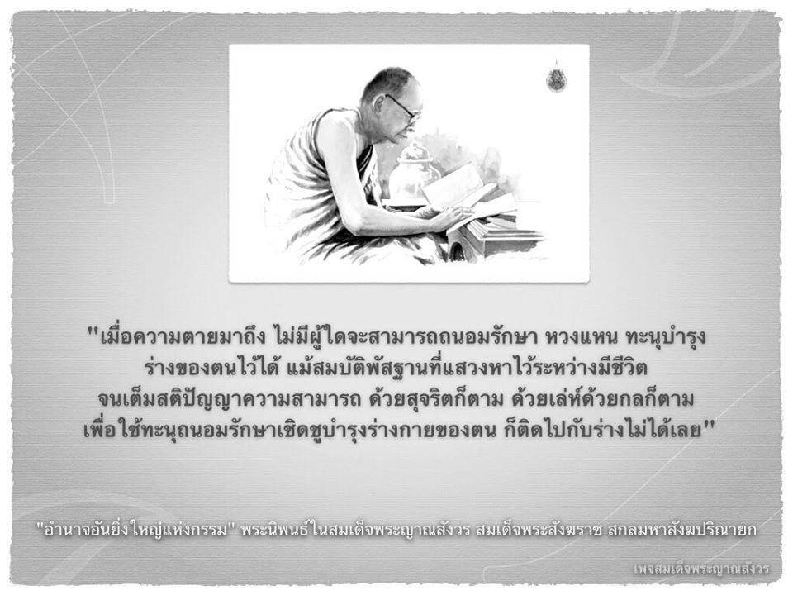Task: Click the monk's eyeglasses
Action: [402, 107]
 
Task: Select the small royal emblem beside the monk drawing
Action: [556, 76]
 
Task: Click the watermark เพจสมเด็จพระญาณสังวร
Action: [701, 569]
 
